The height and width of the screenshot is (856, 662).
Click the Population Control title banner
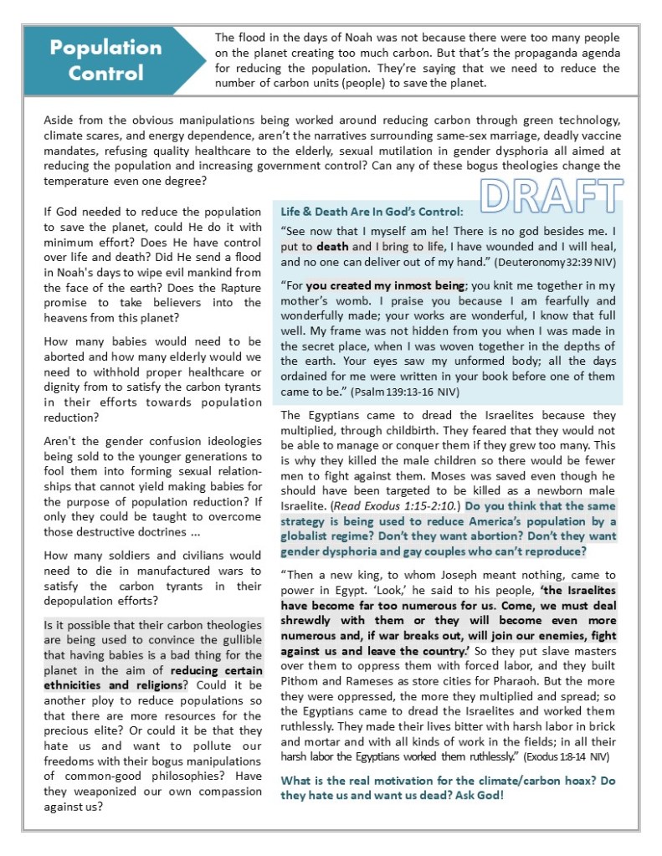pos(106,60)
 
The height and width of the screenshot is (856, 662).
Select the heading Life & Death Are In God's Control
pos(372,212)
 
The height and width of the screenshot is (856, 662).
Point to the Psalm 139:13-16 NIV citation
pos(398,391)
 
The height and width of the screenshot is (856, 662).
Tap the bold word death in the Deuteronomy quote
pos(332,247)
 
